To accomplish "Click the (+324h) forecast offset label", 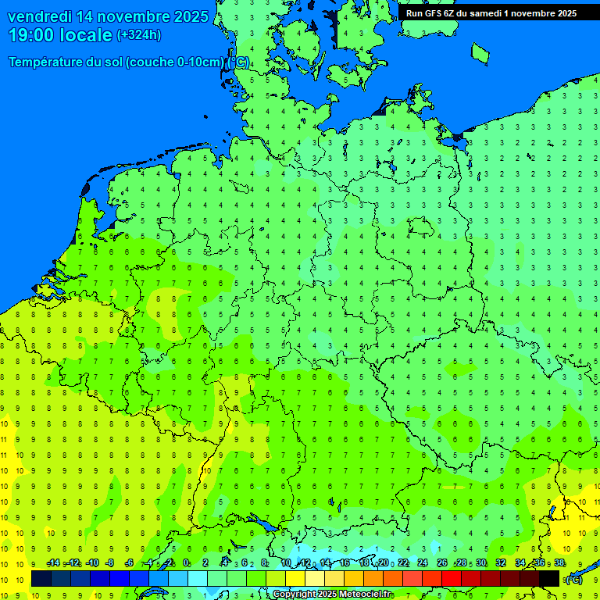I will [139, 35].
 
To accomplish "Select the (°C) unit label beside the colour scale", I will [573, 579].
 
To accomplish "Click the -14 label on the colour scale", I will [53, 563].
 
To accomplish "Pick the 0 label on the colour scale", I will [186, 563].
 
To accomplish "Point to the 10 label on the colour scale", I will [286, 563].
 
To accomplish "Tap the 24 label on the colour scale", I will [423, 563].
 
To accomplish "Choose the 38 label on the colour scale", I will [559, 563].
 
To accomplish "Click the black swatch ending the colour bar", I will [549, 578].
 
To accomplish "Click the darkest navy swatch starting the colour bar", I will [41, 578].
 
